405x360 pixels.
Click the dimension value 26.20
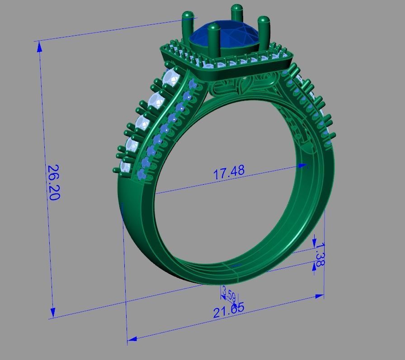(x=53, y=182)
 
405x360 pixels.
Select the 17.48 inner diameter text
(x=229, y=172)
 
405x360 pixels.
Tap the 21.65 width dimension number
(x=229, y=310)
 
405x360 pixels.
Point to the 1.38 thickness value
(x=320, y=254)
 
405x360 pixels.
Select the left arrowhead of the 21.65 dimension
(x=132, y=339)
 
